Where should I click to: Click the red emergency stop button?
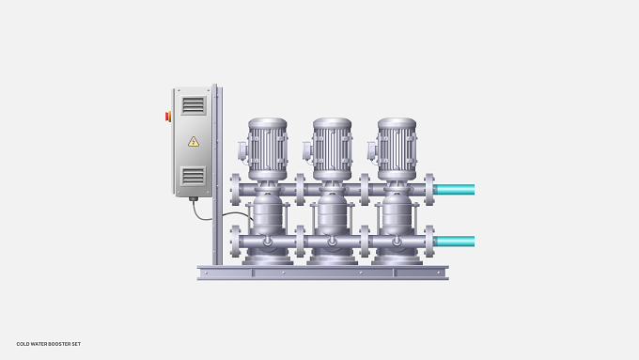click(x=168, y=117)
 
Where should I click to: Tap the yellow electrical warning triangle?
click(x=194, y=142)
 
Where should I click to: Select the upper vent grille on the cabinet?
click(x=194, y=105)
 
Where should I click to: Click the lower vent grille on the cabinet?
click(x=194, y=176)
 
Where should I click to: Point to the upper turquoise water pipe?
click(x=454, y=190)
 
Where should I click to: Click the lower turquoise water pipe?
click(x=454, y=242)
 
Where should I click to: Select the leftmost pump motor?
click(x=267, y=149)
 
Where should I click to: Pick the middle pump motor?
click(x=332, y=149)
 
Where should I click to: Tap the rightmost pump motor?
click(x=397, y=149)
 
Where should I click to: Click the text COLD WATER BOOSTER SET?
click(x=49, y=344)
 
